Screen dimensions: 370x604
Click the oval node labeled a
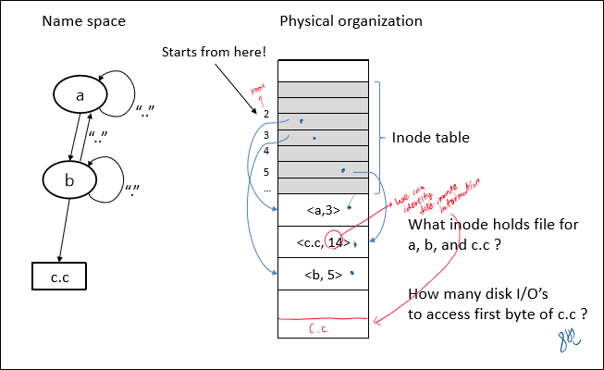(x=80, y=94)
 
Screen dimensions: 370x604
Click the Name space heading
(x=84, y=21)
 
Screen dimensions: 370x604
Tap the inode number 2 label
(x=265, y=114)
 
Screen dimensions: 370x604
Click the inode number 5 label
(x=265, y=171)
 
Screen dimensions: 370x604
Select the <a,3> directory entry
(x=323, y=210)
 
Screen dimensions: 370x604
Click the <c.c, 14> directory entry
(x=322, y=243)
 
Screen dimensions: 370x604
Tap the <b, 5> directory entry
(x=323, y=275)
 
